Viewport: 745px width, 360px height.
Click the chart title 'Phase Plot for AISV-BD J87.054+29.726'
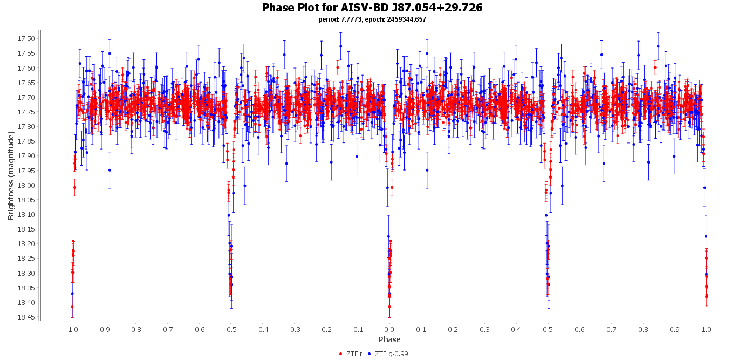click(372, 8)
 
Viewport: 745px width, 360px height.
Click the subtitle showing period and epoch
click(372, 19)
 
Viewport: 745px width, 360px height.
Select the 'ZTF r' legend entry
click(353, 354)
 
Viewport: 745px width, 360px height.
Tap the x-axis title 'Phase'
click(389, 339)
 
